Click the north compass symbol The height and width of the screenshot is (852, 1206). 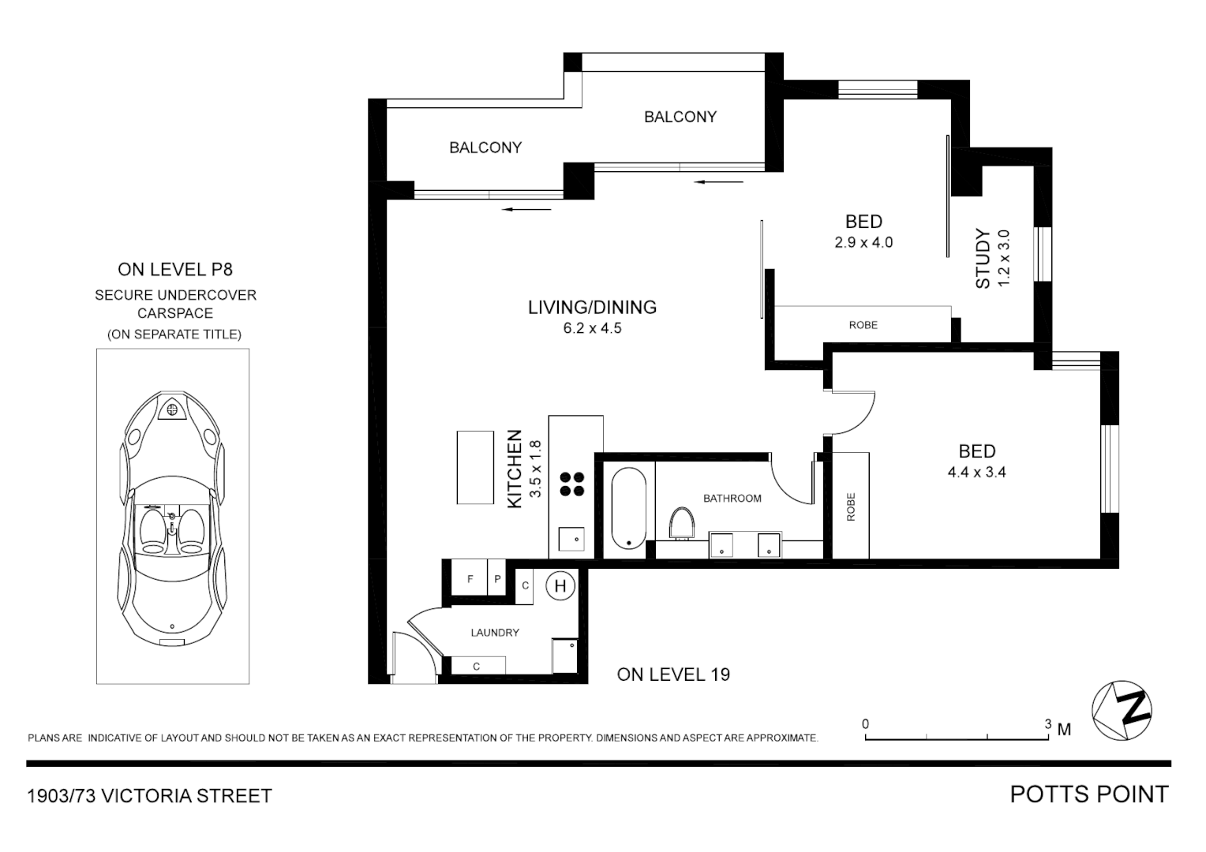coord(1122,710)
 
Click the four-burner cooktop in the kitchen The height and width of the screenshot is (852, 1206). coord(572,484)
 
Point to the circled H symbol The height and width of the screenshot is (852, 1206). coord(560,586)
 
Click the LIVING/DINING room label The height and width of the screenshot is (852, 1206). coord(592,308)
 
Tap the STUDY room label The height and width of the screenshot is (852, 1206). coord(983,259)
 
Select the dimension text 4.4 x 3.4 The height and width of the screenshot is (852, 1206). coord(976,473)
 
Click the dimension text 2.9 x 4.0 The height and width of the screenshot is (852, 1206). coord(863,243)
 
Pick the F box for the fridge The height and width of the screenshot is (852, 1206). coord(470,579)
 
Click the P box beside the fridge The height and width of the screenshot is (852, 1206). coord(497,579)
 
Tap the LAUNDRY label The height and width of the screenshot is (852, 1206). coord(495,633)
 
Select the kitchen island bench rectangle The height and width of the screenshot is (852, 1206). coord(475,467)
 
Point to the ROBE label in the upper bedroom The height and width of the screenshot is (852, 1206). coord(863,325)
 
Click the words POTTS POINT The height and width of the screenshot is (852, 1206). coord(1088,794)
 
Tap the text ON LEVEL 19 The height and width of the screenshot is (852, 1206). coord(673,674)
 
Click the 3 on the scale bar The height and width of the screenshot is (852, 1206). coord(1048,724)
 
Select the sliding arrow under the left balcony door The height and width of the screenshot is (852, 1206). coord(526,209)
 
